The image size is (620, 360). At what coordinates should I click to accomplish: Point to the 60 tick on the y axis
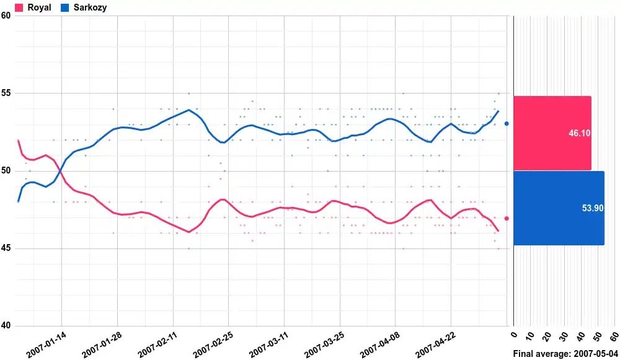coord(6,15)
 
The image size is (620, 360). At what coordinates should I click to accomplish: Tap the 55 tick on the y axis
coord(6,94)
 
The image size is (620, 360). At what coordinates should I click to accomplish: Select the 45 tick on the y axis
coord(6,249)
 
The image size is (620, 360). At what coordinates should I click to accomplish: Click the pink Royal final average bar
coord(552,133)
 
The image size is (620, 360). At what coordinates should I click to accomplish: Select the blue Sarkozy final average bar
coord(559,208)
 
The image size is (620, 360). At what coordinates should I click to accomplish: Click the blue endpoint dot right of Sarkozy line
coord(507,124)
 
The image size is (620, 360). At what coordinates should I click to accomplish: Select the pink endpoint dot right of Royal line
coord(507,218)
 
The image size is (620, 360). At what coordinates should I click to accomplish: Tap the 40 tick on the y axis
coord(6,327)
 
